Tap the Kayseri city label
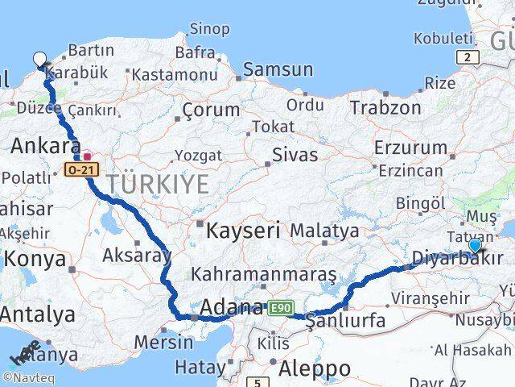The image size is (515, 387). [x=243, y=231]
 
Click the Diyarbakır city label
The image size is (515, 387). [x=456, y=258]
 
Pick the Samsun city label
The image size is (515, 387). [x=277, y=69]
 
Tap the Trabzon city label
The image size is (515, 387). [x=385, y=107]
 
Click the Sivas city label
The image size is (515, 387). [x=295, y=154]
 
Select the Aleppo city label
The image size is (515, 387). [x=315, y=368]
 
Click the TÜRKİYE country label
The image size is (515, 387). [x=159, y=184]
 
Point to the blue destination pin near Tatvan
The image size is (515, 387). [x=475, y=245]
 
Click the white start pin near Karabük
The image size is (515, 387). [x=40, y=59]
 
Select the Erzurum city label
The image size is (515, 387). [x=410, y=148]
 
